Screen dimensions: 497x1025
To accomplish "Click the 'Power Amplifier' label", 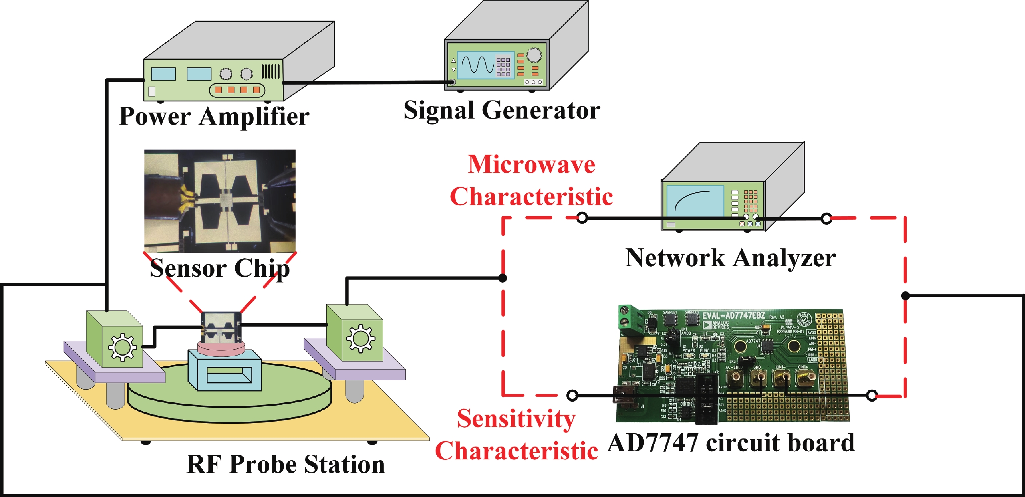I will [214, 117].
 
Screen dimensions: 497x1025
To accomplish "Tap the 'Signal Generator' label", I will [501, 110].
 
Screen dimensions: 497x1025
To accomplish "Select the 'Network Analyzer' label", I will [730, 258].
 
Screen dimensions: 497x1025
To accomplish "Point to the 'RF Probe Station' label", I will [286, 465].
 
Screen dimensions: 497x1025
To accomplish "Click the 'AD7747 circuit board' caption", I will [731, 443].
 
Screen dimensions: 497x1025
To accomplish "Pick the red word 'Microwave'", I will [532, 164].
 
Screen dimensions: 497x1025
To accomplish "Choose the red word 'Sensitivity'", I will [516, 419].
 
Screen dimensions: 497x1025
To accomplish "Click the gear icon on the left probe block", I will [122, 347].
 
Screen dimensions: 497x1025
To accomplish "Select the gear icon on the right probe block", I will [361, 338].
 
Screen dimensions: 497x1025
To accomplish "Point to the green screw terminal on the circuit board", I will [630, 321].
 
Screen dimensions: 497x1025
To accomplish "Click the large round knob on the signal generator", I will [534, 55].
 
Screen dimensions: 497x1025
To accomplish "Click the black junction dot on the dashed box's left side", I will [503, 278].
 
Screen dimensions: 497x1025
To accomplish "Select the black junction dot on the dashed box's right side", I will [905, 296].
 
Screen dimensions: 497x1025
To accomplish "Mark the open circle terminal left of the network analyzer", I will [582, 218].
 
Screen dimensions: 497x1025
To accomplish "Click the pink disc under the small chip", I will [220, 347].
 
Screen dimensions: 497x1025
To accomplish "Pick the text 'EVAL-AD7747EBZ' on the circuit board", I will [734, 316].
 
